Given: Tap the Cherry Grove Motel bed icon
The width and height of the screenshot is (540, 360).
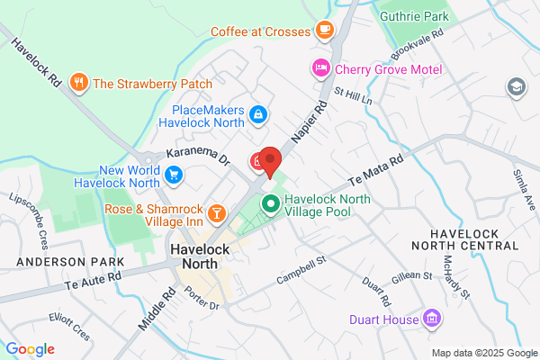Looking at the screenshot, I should pyautogui.click(x=319, y=68).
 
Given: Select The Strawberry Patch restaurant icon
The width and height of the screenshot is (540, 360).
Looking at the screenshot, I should pyautogui.click(x=80, y=84).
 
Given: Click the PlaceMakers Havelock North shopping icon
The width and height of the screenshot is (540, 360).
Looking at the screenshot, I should pyautogui.click(x=258, y=113).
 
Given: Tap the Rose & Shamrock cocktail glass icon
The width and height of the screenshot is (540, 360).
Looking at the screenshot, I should pyautogui.click(x=216, y=212).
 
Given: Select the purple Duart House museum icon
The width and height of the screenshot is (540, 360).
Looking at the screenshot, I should pyautogui.click(x=431, y=319).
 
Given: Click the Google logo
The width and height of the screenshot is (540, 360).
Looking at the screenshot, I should pyautogui.click(x=30, y=348).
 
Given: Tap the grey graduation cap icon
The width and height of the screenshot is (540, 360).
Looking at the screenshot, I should pyautogui.click(x=517, y=86).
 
